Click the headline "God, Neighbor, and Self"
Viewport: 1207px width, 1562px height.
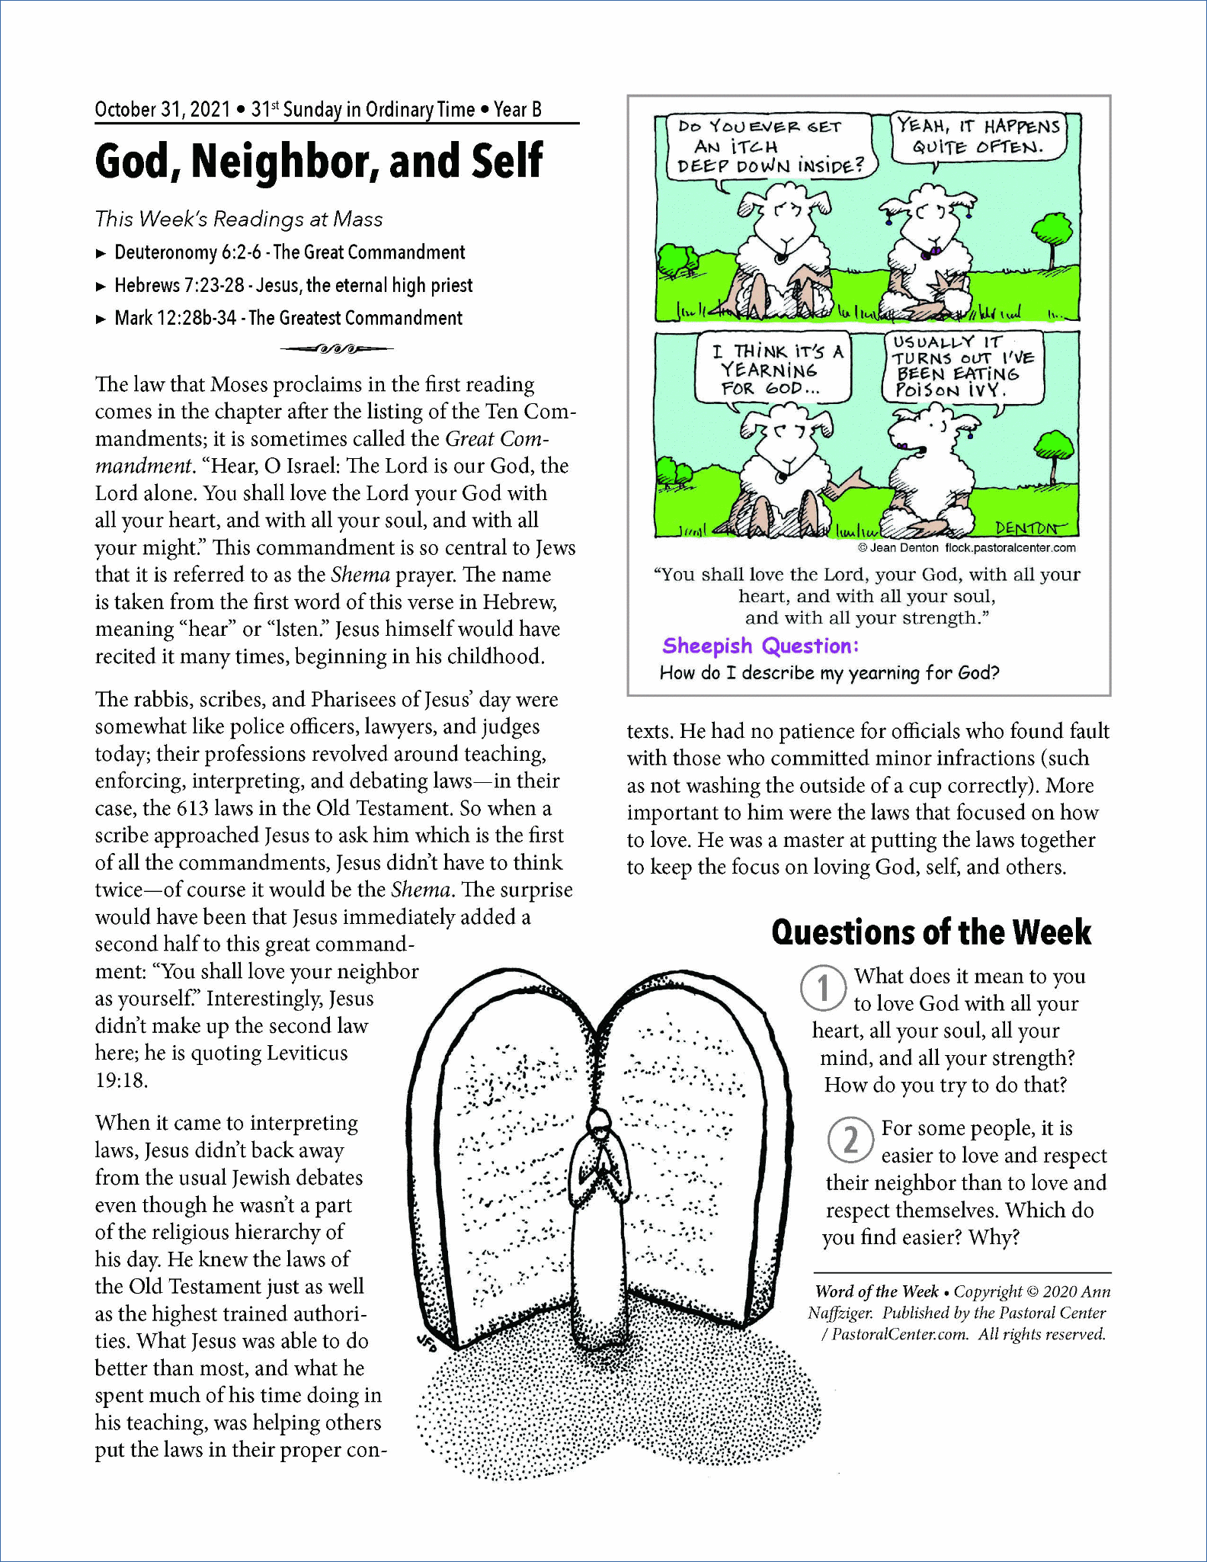click(319, 161)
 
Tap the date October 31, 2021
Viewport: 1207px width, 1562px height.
click(162, 110)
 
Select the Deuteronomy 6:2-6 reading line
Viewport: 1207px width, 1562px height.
click(290, 252)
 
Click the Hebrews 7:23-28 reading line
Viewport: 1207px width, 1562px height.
click(293, 285)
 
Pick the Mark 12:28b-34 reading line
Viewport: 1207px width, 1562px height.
click(288, 318)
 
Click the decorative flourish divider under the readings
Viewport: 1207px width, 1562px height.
click(336, 349)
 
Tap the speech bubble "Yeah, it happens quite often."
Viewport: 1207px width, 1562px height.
click(978, 136)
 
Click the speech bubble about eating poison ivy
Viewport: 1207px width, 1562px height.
click(962, 367)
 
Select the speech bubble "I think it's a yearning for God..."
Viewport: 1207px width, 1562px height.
click(773, 370)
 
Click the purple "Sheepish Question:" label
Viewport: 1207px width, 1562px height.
click(760, 646)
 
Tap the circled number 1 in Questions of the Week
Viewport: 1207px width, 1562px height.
click(823, 986)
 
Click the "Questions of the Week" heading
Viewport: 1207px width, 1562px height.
click(931, 932)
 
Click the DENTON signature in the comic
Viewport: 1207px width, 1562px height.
click(1030, 528)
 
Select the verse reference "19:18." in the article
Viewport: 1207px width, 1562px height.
click(122, 1080)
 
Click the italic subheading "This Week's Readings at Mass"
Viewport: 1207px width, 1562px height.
click(239, 220)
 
